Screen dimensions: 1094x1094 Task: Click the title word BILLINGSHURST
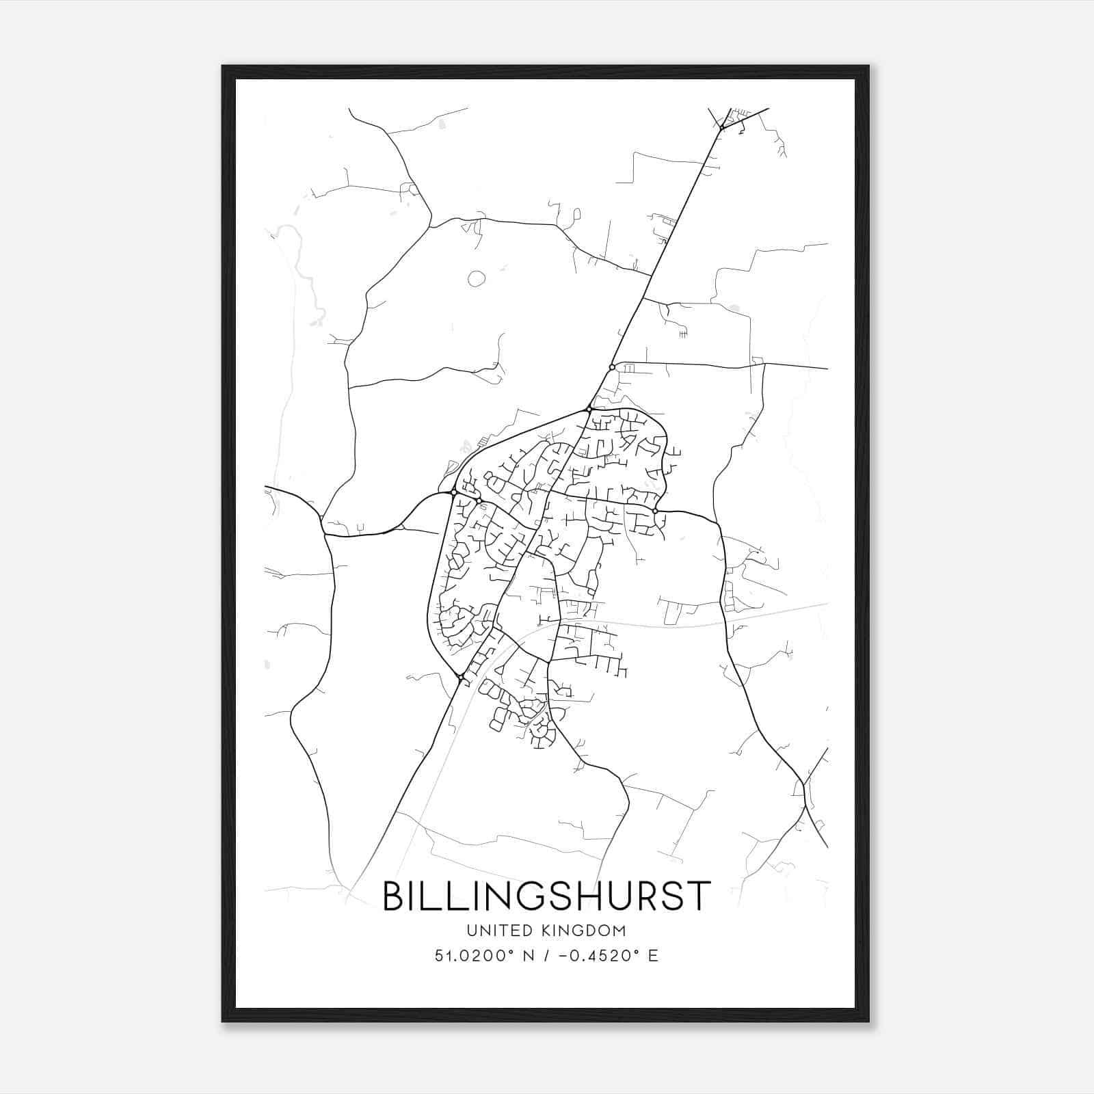[x=546, y=896]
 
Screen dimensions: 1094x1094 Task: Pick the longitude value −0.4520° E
[x=608, y=956]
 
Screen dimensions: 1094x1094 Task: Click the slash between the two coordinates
[x=545, y=956]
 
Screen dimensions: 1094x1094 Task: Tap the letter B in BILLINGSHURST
[x=395, y=896]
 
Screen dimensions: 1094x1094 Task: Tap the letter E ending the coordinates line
[x=653, y=956]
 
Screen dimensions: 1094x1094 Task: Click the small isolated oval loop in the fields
[x=477, y=278]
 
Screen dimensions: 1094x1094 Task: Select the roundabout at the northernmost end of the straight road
[x=722, y=127]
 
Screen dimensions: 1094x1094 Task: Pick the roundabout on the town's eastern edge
[x=655, y=511]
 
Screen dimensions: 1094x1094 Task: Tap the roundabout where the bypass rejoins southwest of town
[x=462, y=677]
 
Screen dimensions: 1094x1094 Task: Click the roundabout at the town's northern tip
[x=589, y=410]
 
